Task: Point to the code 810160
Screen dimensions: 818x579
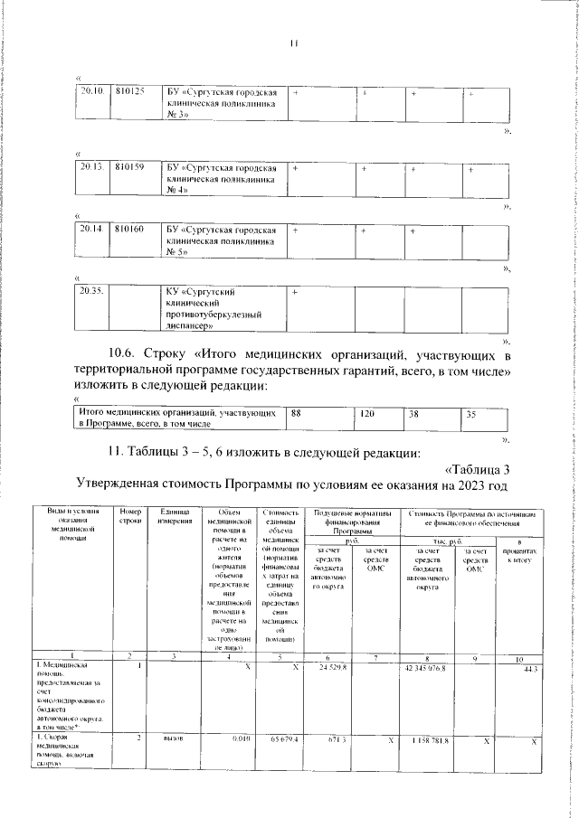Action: click(131, 230)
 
